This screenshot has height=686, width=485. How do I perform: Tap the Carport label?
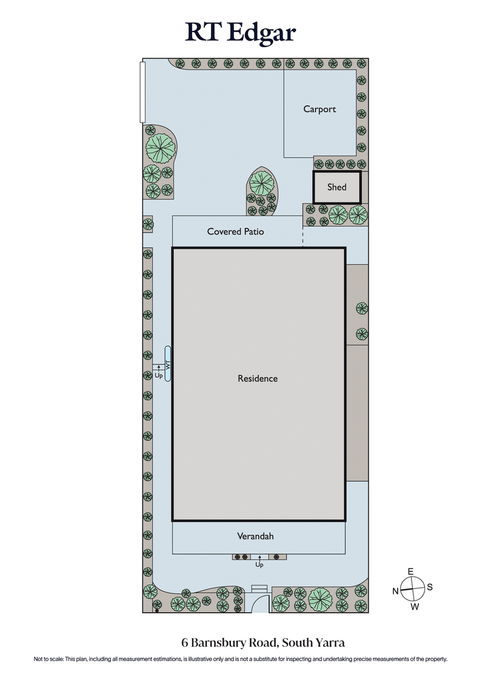click(x=319, y=109)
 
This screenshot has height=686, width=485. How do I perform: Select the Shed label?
click(x=336, y=187)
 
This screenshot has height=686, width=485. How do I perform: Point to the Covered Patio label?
click(x=235, y=231)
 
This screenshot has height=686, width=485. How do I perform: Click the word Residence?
click(x=258, y=378)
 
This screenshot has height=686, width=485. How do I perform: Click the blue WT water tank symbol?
click(x=168, y=363)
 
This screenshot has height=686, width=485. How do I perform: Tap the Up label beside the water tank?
click(x=158, y=376)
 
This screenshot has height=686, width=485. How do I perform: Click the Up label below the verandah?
click(x=259, y=565)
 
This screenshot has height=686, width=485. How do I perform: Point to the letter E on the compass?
click(x=410, y=572)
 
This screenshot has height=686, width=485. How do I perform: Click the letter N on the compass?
click(x=395, y=591)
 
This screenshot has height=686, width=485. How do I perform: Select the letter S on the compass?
click(x=430, y=587)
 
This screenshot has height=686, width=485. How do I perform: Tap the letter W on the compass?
click(x=415, y=607)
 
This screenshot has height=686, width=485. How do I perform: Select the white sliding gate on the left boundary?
click(x=142, y=91)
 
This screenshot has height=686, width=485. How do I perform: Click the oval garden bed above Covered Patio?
click(x=261, y=191)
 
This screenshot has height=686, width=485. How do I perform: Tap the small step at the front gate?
click(x=259, y=587)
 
